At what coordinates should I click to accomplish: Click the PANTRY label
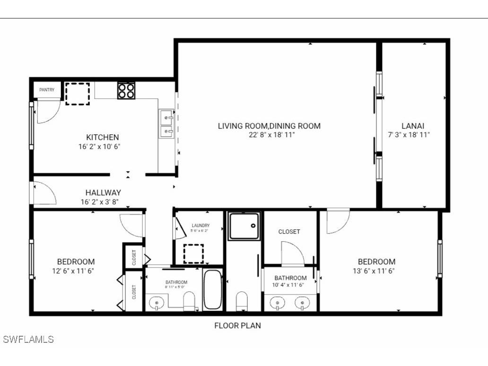pyautogui.click(x=47, y=90)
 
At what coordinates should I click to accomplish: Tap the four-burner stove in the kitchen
pyautogui.click(x=126, y=90)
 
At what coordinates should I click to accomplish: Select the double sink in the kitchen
pyautogui.click(x=166, y=123)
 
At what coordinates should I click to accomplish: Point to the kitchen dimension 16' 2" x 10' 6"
pyautogui.click(x=99, y=147)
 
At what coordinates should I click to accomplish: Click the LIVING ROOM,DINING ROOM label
pyautogui.click(x=269, y=126)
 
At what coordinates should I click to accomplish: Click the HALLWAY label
pyautogui.click(x=103, y=193)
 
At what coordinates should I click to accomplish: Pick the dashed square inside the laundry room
pyautogui.click(x=193, y=253)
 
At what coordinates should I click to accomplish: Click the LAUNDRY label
pyautogui.click(x=200, y=226)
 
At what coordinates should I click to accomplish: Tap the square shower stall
pyautogui.click(x=244, y=226)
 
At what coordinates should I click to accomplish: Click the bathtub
pyautogui.click(x=213, y=290)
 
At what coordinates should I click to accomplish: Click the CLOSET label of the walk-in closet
pyautogui.click(x=289, y=232)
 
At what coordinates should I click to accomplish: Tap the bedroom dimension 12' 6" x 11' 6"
pyautogui.click(x=76, y=271)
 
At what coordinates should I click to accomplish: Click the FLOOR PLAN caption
pyautogui.click(x=237, y=325)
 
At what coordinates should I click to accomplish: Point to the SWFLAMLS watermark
pyautogui.click(x=28, y=340)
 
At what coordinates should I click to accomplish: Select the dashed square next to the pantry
pyautogui.click(x=77, y=93)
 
